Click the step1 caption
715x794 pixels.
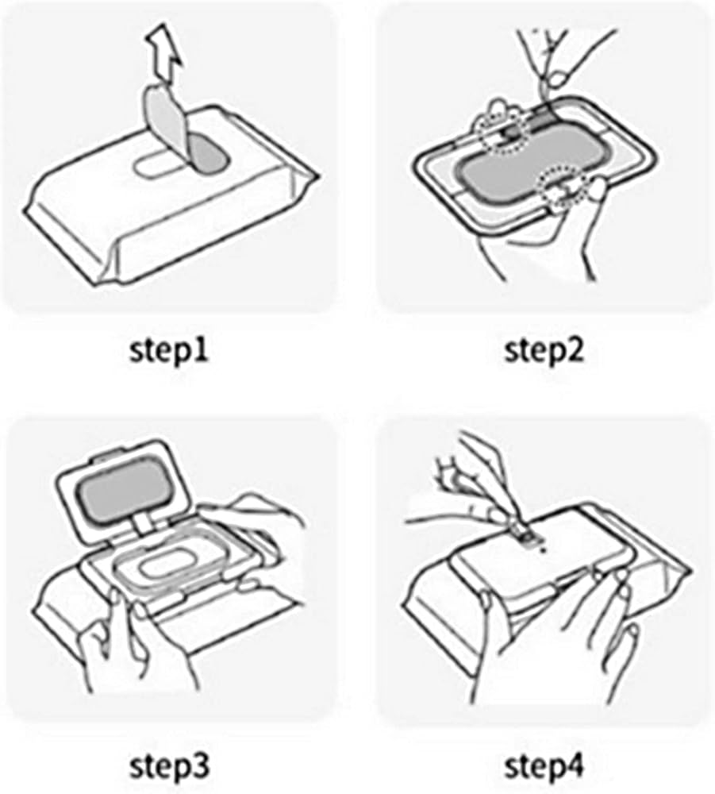pyautogui.click(x=169, y=350)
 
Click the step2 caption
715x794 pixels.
pyautogui.click(x=544, y=350)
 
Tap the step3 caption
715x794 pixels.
pyautogui.click(x=169, y=766)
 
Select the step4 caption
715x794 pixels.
pyautogui.click(x=544, y=766)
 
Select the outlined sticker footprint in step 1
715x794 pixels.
pyautogui.click(x=157, y=165)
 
